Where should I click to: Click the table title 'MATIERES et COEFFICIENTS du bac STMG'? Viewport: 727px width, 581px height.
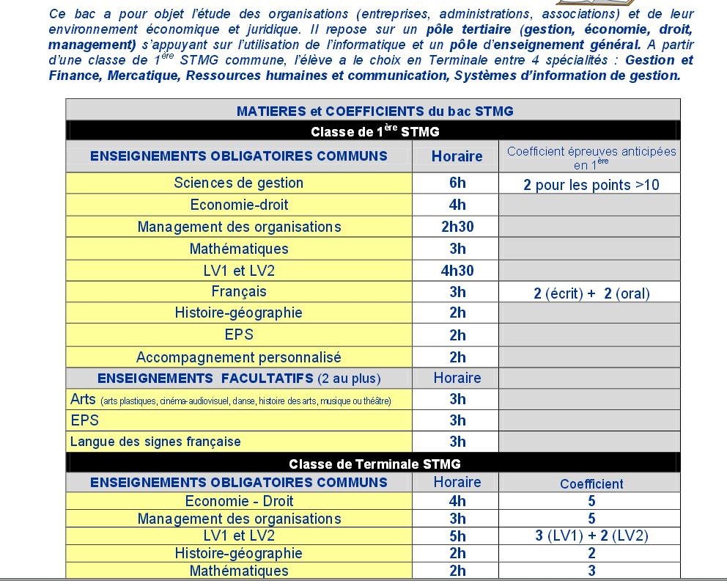click(374, 111)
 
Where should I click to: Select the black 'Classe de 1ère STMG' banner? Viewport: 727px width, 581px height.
click(374, 131)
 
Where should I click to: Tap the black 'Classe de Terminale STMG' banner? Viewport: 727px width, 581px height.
click(374, 464)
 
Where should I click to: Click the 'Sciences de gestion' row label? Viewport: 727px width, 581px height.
click(238, 183)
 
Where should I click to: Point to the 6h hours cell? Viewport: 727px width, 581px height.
click(457, 183)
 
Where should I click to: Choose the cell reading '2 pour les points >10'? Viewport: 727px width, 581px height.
click(591, 185)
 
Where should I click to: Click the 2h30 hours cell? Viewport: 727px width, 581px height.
click(457, 227)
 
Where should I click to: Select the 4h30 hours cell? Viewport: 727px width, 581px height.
click(457, 271)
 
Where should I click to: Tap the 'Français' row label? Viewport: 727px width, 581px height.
click(239, 291)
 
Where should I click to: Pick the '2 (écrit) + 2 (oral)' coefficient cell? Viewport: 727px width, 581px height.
click(591, 293)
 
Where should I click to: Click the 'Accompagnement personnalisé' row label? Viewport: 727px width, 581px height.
click(238, 357)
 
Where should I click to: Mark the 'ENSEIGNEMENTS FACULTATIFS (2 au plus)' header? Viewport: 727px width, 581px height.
click(239, 379)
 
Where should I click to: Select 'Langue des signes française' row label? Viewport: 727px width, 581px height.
click(155, 442)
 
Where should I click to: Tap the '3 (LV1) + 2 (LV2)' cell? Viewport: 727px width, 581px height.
click(591, 536)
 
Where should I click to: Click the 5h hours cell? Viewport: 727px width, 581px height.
click(457, 536)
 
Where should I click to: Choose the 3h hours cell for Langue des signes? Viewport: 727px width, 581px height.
click(457, 442)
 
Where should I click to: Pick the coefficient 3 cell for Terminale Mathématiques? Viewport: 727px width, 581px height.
click(591, 571)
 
